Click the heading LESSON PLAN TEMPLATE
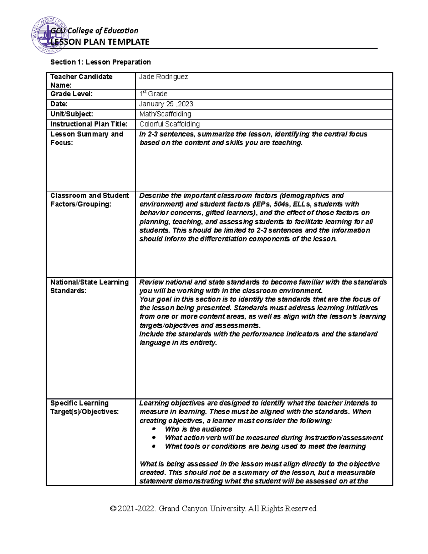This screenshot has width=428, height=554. pos(100,42)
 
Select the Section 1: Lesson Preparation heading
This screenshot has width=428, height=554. pos(101,62)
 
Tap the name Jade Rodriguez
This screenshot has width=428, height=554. pos(163,77)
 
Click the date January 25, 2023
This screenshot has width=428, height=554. pos(166,104)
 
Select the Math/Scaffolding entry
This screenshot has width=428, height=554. pos(165,114)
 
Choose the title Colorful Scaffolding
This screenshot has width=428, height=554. pos(169,124)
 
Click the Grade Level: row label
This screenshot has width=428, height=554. pos(71,94)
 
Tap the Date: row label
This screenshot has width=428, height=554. pos(59,104)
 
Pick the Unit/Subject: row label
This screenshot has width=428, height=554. pos(72,114)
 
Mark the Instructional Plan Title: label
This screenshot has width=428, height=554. pos(88,124)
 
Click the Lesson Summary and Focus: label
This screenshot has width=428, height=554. pos(86,138)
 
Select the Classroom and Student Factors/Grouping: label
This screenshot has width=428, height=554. pos(90,200)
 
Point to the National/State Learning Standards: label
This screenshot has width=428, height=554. pos(89,286)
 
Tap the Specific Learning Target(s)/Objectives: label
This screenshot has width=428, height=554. pos(84,407)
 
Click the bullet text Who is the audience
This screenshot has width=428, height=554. pos(198,429)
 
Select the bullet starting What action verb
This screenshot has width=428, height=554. pos(274,438)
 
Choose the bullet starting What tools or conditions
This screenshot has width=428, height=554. pos(265,446)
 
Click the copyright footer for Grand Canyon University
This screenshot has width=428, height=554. pos(214,509)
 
